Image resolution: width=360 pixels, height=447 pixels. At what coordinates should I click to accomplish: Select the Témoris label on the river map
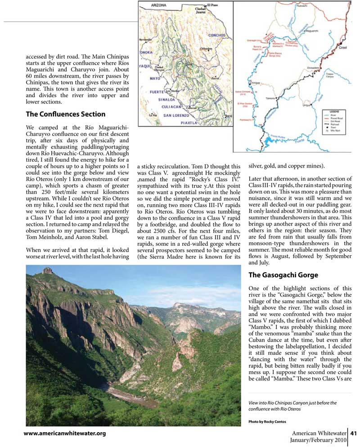coord(283,97)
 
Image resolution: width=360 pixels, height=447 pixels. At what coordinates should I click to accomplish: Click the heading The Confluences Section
coord(66,114)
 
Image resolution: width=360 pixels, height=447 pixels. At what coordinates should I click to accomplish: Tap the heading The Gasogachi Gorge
coord(283,275)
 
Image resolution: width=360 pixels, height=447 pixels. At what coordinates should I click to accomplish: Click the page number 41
coord(354,433)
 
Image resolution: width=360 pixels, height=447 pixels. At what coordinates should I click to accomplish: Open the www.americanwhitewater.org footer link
coord(65,433)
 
